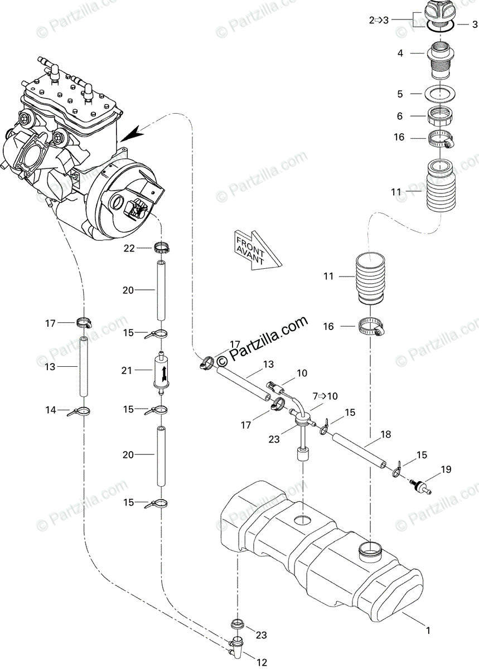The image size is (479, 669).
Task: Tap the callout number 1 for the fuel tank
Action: tap(428, 631)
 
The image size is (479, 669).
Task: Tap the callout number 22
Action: tap(129, 249)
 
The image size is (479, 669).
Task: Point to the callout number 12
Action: tap(262, 662)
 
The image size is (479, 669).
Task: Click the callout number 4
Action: tap(400, 54)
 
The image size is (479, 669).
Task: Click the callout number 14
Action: tap(51, 410)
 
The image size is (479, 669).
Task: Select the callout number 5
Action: tap(400, 94)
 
